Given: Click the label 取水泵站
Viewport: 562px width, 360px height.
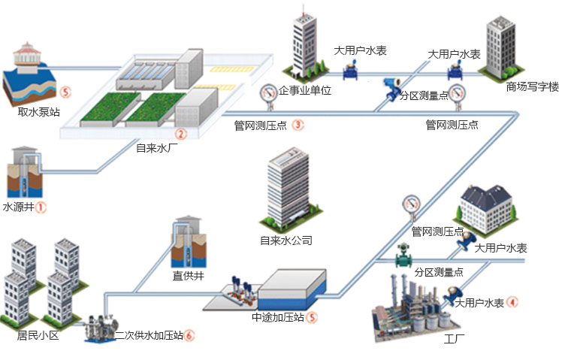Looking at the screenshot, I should tap(38, 113).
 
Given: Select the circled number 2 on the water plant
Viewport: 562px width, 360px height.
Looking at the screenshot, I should tap(180, 135).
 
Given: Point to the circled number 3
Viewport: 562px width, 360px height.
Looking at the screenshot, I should tap(298, 125).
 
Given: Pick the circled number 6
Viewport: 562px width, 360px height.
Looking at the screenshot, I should tap(189, 335).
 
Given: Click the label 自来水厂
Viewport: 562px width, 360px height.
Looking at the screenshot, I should tap(156, 148).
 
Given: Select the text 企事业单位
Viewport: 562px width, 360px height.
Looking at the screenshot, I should tap(304, 90).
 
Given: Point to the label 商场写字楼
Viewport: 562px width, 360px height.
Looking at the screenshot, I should tap(532, 87).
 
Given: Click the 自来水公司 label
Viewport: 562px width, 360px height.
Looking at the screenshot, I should tap(286, 241).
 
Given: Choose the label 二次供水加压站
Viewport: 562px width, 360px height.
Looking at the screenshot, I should tap(148, 335).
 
